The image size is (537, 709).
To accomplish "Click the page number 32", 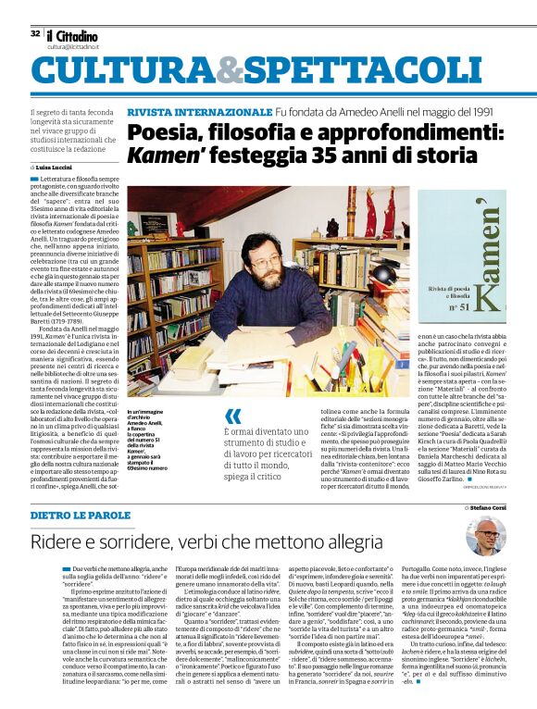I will click(35, 32).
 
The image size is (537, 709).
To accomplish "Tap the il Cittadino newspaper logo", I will click(77, 33).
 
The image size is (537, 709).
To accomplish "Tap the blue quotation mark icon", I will click(232, 417).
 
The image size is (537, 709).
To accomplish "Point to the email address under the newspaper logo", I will click(73, 46).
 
